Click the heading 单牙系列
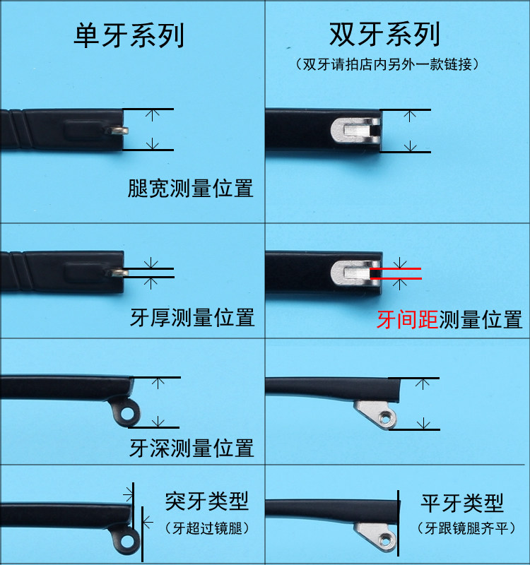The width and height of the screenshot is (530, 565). point(129,35)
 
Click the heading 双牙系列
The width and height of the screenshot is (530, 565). point(384,34)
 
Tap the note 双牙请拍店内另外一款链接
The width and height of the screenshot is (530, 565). point(387,64)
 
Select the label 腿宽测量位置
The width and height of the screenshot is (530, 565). point(190,188)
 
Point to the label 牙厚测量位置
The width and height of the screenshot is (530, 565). point(192,317)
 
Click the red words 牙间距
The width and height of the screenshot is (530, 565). point(408,320)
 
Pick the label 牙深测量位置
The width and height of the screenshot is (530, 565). point(192,448)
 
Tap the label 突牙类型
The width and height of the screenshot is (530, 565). point(207,501)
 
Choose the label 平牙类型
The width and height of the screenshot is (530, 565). point(462,503)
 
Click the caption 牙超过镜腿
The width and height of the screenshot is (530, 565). point(207,528)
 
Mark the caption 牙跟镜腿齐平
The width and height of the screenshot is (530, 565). point(466,528)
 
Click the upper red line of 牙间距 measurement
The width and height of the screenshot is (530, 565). point(396,268)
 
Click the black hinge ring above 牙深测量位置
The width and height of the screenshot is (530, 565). point(128,414)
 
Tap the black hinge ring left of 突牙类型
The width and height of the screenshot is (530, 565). point(127,541)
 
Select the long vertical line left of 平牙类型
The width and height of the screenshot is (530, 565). point(399,523)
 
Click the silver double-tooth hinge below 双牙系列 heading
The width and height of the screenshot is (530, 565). point(356,130)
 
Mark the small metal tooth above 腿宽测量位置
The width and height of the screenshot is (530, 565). point(117,130)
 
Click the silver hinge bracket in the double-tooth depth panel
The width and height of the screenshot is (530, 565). point(376,415)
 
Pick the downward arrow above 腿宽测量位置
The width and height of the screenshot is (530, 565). point(153,143)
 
